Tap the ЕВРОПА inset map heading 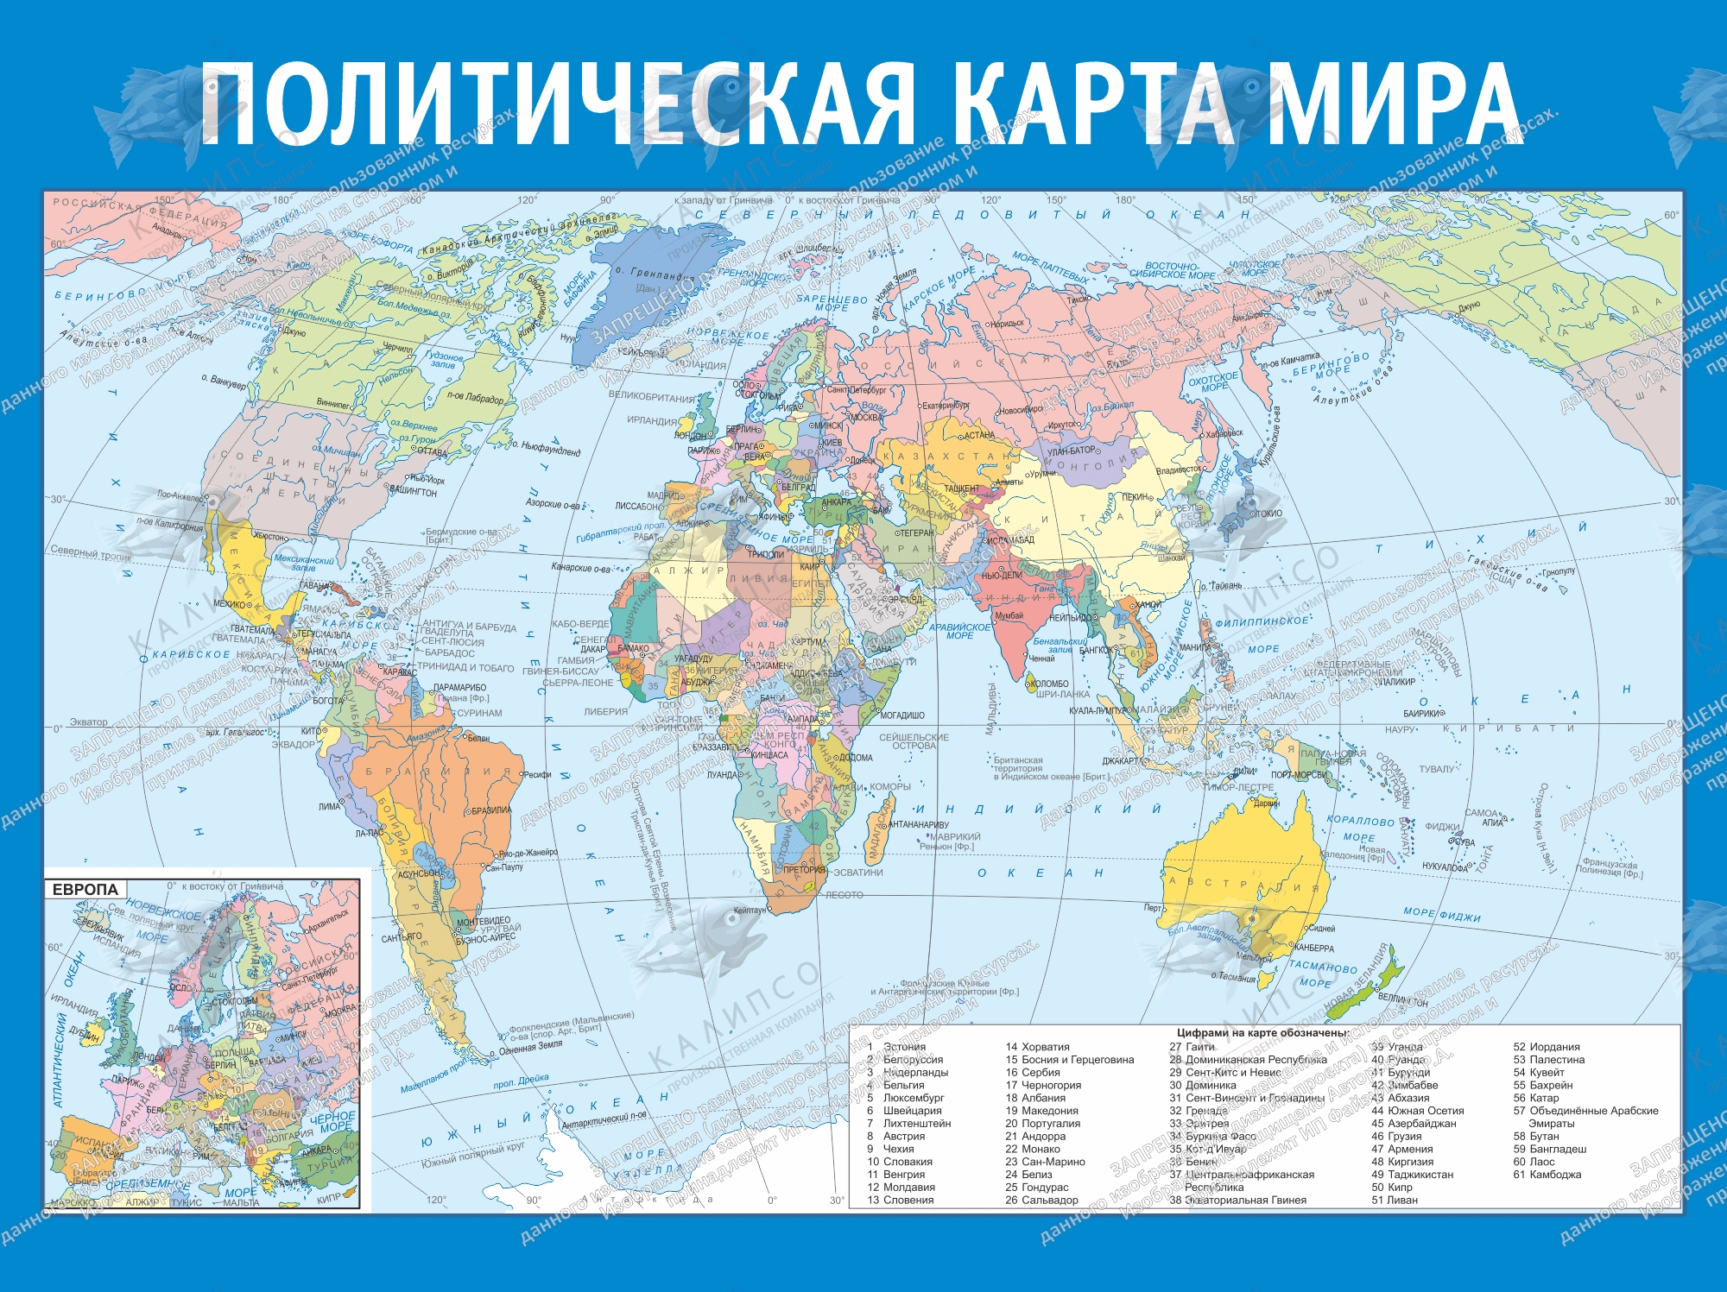click(x=85, y=889)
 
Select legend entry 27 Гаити click(x=1192, y=1047)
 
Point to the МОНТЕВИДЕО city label click(x=483, y=921)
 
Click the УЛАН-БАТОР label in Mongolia click(x=1072, y=451)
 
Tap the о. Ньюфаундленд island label click(x=547, y=449)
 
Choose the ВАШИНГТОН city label click(x=414, y=492)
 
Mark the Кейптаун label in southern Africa click(x=750, y=911)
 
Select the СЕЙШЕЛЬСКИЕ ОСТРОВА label click(x=914, y=741)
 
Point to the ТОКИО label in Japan click(x=1268, y=514)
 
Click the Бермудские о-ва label click(x=461, y=533)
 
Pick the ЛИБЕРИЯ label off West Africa click(x=606, y=712)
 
